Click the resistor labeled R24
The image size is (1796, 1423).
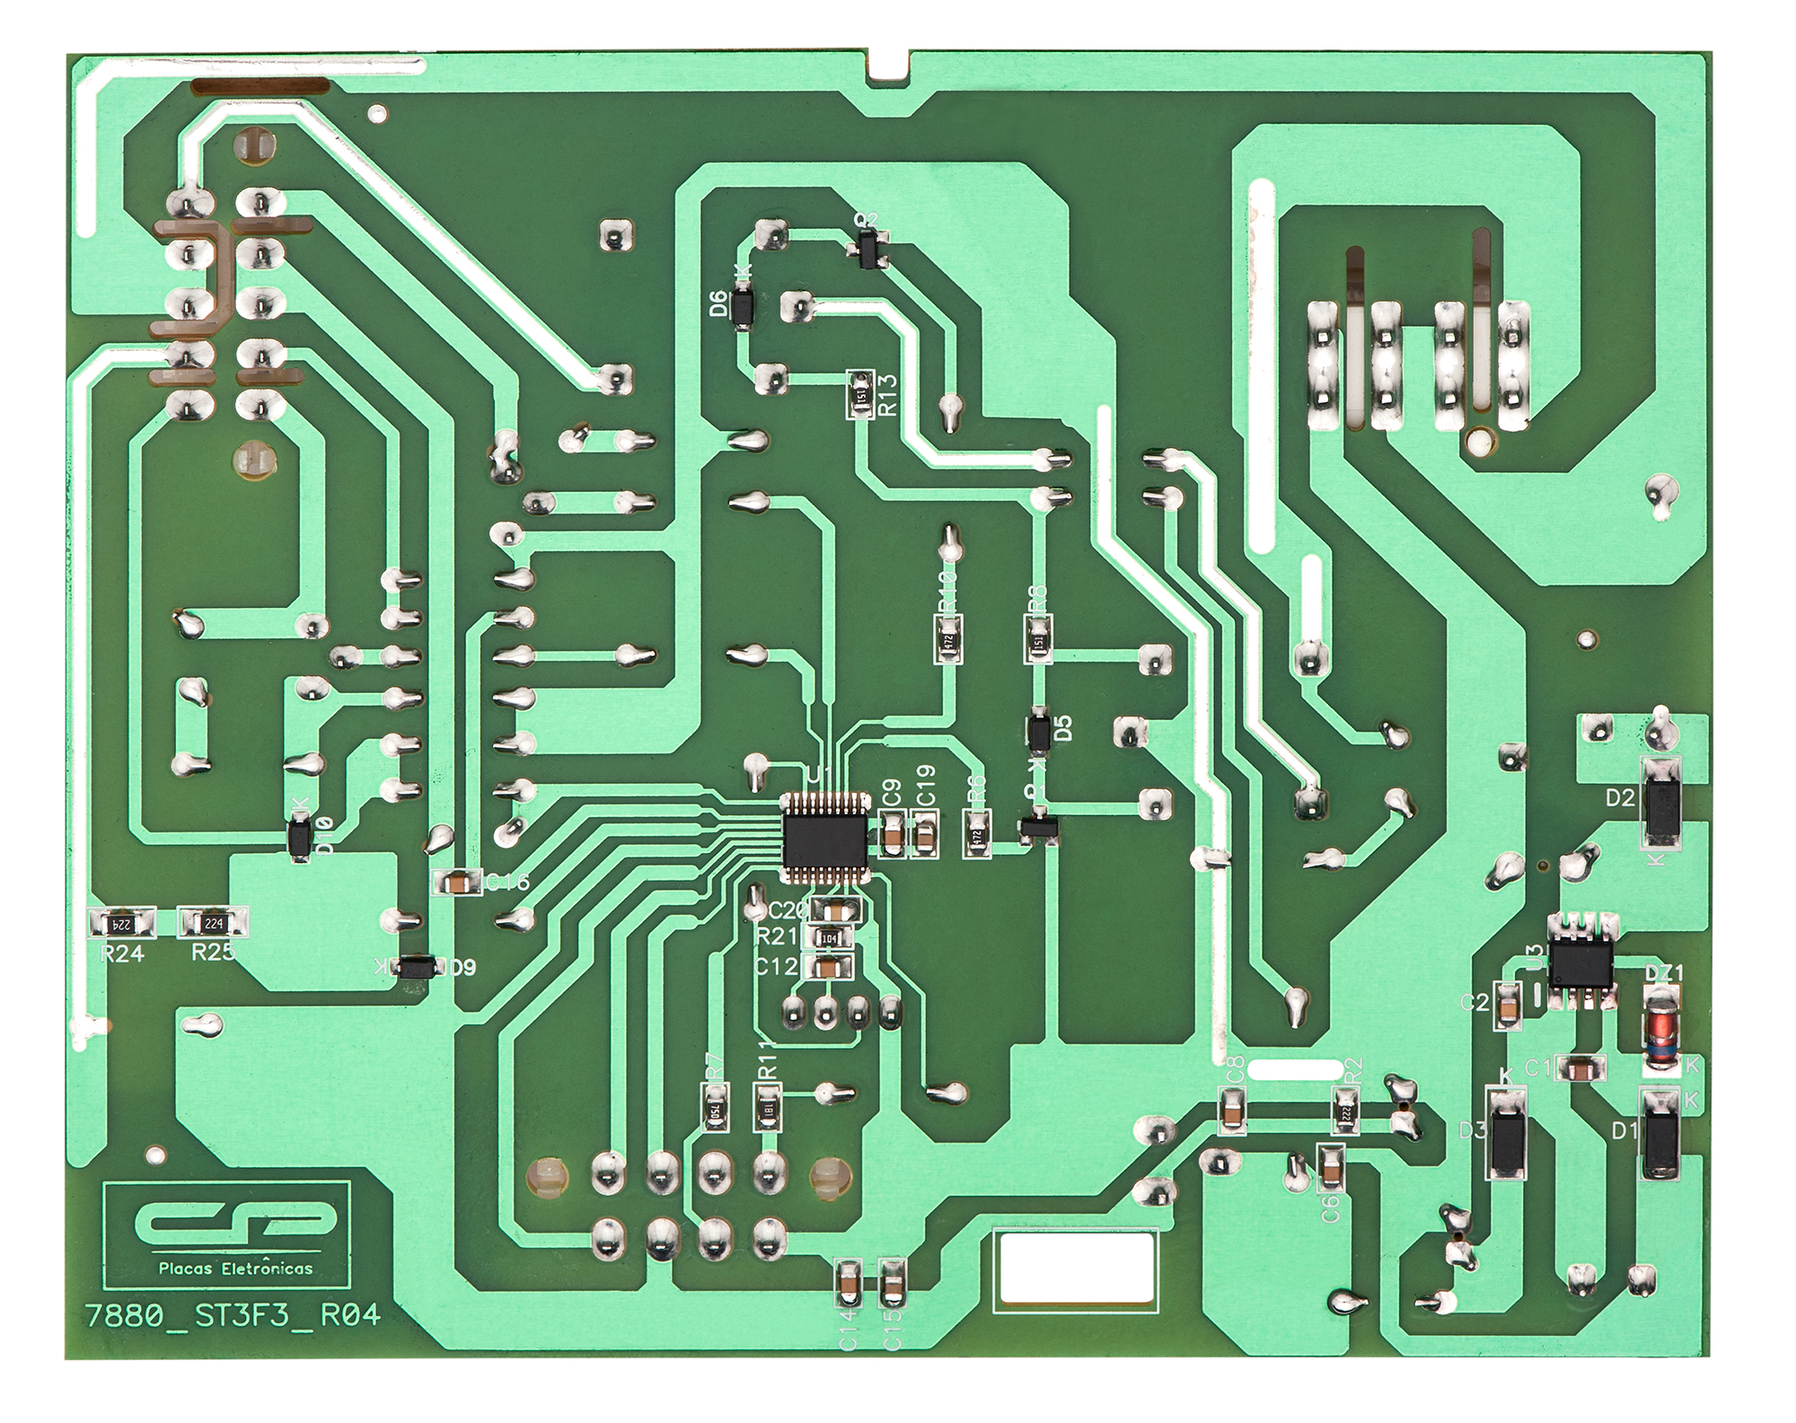[123, 922]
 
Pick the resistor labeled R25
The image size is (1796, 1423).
[213, 922]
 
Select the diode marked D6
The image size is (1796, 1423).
[743, 306]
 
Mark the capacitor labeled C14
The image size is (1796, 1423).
[848, 1284]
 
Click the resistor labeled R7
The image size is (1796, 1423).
[715, 1107]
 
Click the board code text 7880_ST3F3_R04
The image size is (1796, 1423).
[233, 1316]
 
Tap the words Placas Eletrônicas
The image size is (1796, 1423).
[236, 1268]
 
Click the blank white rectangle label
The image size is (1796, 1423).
[1078, 1268]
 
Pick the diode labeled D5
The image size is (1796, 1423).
[1039, 732]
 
